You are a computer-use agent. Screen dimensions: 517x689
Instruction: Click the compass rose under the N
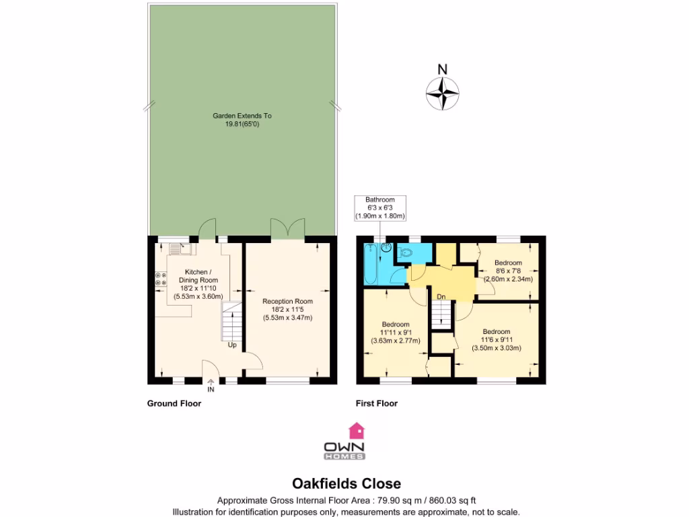[x=442, y=94]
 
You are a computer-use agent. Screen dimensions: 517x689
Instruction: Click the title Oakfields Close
[x=346, y=483]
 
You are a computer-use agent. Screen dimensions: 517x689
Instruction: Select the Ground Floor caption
[x=174, y=404]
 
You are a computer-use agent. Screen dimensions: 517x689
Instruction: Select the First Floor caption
[x=377, y=404]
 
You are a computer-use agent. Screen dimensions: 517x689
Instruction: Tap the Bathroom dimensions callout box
[x=380, y=208]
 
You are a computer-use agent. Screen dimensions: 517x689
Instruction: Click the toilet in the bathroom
[x=404, y=253]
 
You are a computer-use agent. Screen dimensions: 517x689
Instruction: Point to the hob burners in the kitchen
[x=160, y=279]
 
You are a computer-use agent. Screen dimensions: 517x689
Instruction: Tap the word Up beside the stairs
[x=232, y=345]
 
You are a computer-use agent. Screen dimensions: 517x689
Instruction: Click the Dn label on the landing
[x=441, y=296]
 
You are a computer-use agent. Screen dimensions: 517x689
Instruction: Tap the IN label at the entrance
[x=211, y=390]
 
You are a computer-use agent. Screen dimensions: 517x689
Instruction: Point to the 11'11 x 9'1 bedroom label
[x=396, y=332]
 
